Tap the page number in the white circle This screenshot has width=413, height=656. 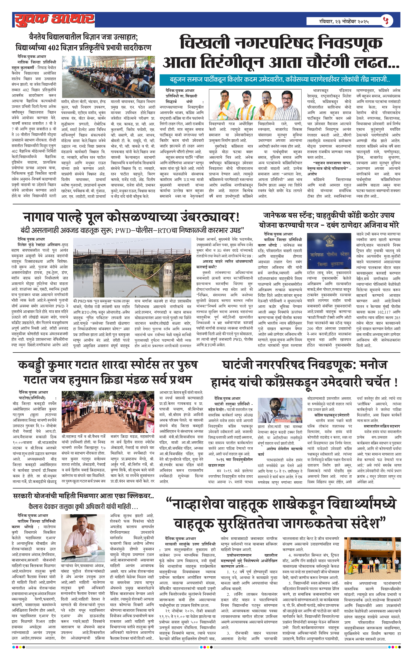click(x=386, y=20)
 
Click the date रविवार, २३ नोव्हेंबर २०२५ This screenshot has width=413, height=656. click(x=344, y=21)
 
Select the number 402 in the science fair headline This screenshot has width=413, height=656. click(x=53, y=48)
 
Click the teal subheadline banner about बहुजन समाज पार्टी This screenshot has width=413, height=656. click(x=280, y=80)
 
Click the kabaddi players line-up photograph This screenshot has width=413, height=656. click(x=108, y=412)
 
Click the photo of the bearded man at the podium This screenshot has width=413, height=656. click(x=280, y=410)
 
